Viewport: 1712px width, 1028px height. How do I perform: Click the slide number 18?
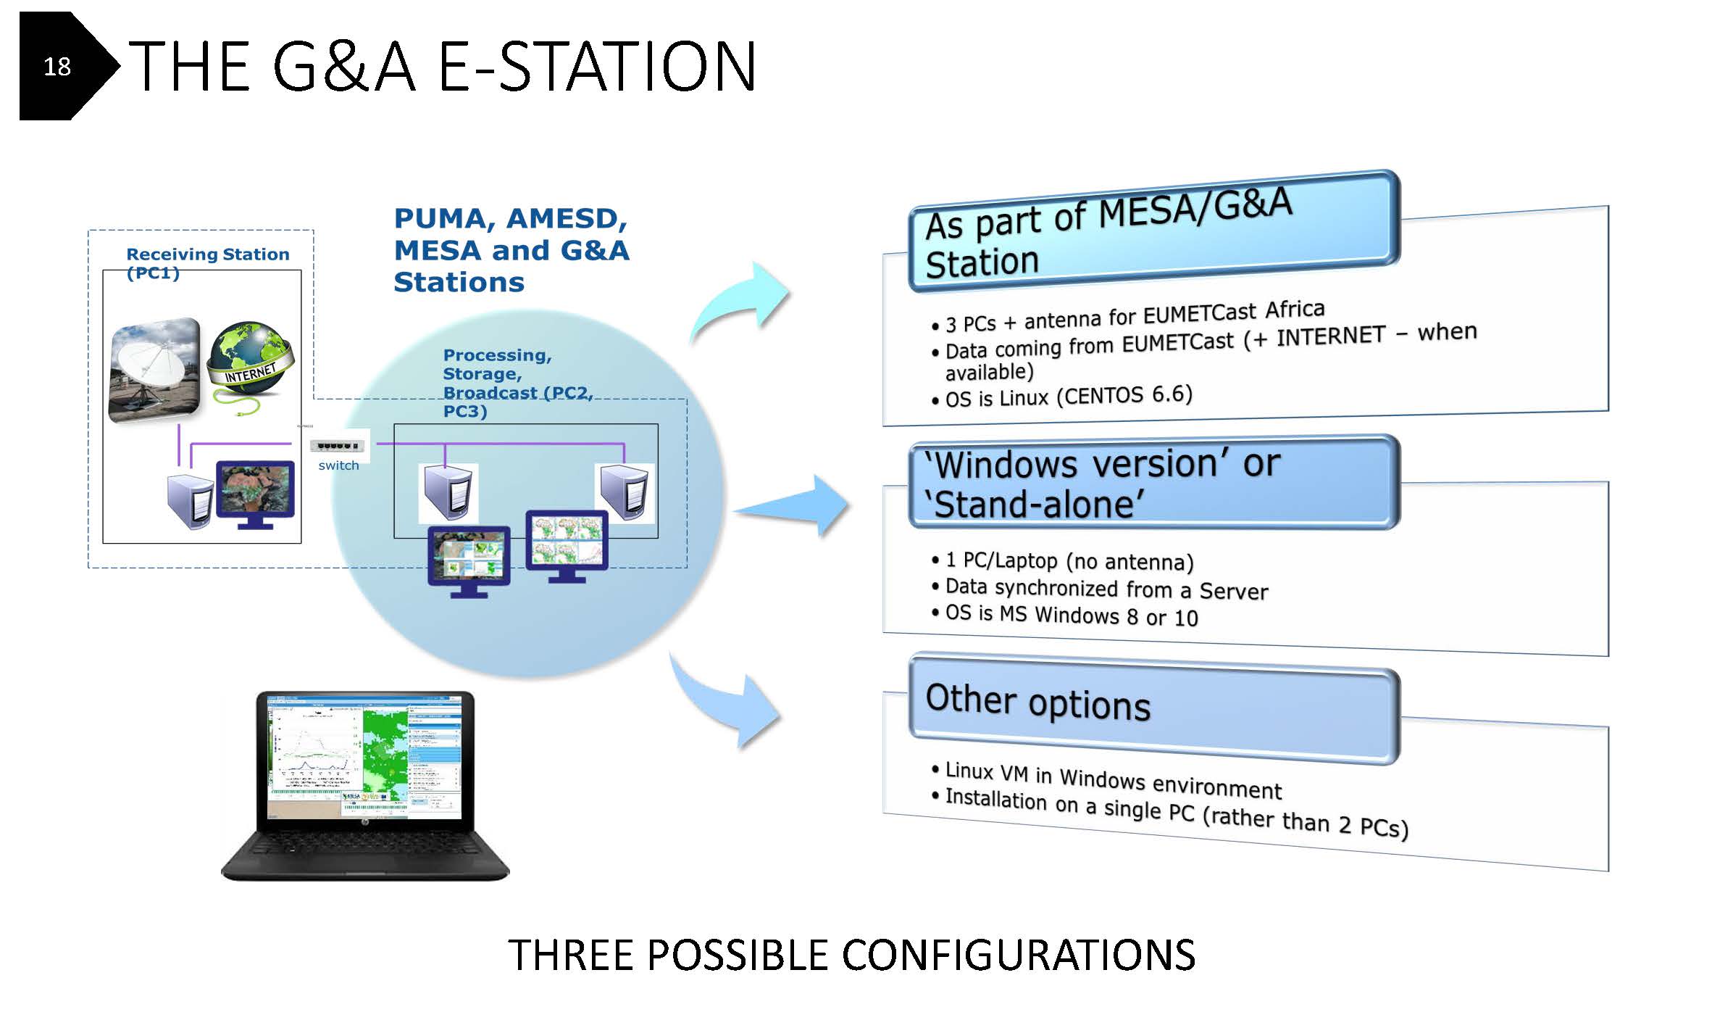tap(57, 67)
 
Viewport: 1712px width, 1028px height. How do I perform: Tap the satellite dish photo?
tap(154, 370)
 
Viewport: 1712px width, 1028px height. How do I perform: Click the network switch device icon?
tap(338, 445)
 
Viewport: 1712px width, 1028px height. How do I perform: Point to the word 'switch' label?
tap(338, 465)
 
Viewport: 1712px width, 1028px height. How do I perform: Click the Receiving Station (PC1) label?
tap(207, 262)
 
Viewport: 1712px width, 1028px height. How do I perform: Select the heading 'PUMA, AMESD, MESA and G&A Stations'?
tap(511, 250)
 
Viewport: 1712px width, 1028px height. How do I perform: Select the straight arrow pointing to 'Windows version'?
tap(793, 506)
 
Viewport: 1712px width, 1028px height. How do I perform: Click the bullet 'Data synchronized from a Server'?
tap(1106, 589)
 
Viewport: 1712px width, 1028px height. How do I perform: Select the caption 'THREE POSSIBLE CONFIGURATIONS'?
tap(851, 955)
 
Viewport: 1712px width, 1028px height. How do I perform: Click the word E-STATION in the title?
tap(597, 67)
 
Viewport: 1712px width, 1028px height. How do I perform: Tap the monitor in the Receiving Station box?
tap(255, 493)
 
